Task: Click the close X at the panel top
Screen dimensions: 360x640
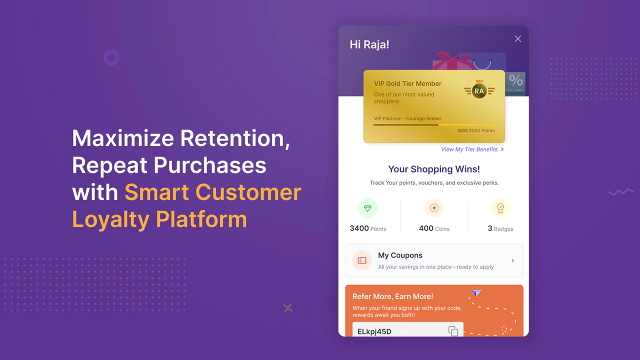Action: click(x=518, y=39)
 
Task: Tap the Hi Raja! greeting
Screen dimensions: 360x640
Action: click(x=369, y=44)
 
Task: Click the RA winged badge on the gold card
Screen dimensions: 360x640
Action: click(x=479, y=90)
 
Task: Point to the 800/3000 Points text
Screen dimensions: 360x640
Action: click(x=476, y=131)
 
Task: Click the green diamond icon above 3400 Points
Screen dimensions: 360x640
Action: click(x=367, y=208)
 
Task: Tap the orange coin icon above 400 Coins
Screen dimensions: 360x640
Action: click(x=434, y=208)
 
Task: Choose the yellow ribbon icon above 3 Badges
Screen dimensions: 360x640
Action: click(x=500, y=208)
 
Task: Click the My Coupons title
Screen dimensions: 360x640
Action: click(x=400, y=255)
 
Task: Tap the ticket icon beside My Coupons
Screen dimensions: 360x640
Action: click(x=362, y=260)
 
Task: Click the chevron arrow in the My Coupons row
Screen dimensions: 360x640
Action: click(x=513, y=260)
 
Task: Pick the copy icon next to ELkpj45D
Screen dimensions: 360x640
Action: click(x=453, y=331)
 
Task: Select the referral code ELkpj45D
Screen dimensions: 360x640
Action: click(x=374, y=331)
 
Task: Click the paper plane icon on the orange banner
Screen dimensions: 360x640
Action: click(x=476, y=292)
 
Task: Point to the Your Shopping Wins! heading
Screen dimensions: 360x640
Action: click(x=434, y=169)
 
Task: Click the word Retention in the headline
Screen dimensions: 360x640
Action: click(x=235, y=138)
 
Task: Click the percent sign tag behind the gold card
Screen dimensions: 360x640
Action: click(x=515, y=80)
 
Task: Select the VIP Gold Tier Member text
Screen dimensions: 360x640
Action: click(x=407, y=83)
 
